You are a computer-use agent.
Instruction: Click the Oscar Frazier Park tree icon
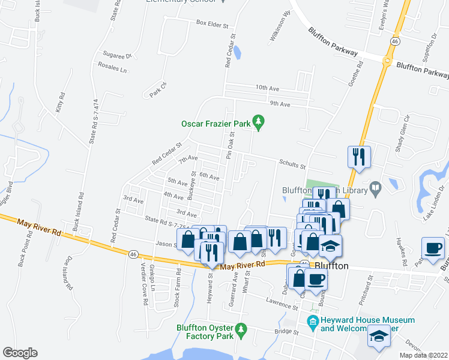tap(259, 123)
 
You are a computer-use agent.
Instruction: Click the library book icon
tap(375, 190)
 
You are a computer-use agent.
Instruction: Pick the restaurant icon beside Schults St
tap(359, 157)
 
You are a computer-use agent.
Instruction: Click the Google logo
tap(20, 353)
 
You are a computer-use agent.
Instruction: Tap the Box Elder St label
tap(212, 25)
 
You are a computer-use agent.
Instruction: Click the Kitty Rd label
tap(60, 104)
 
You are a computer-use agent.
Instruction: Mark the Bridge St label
tap(286, 331)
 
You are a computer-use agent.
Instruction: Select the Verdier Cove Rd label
tap(144, 291)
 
